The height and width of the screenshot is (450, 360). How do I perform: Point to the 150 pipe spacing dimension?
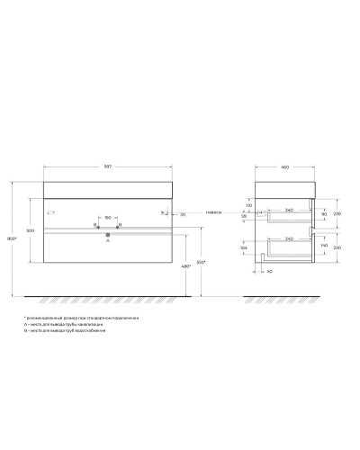[x=107, y=217]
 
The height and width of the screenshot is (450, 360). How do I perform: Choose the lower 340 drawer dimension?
[x=287, y=238]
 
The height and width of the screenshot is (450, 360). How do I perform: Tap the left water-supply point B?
[x=96, y=225]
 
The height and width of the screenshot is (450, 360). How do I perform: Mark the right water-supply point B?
[x=118, y=225]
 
